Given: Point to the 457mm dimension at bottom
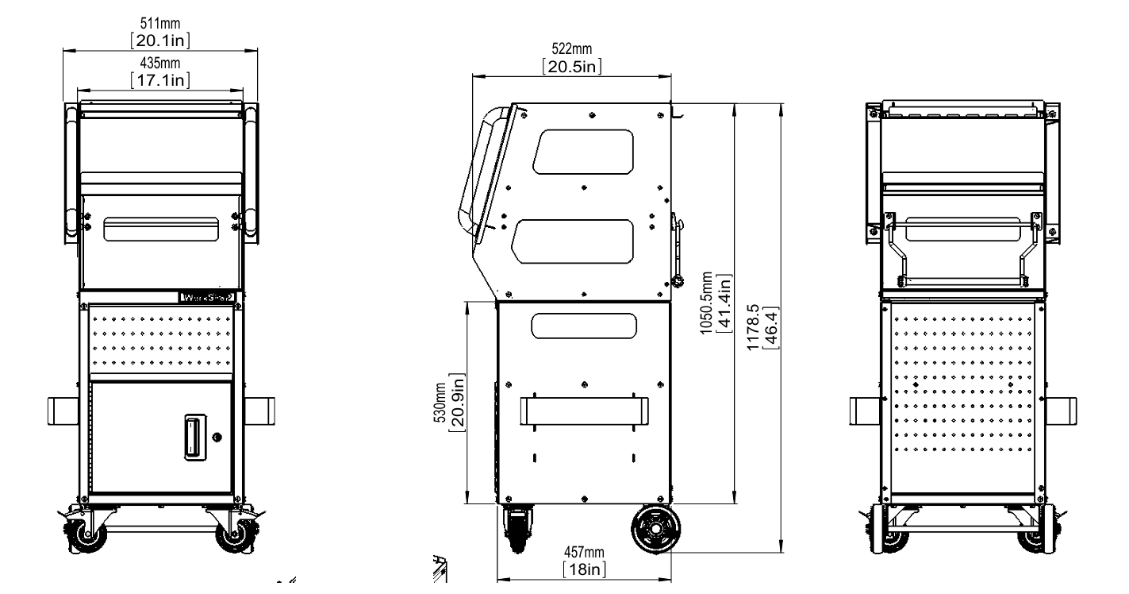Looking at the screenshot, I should pyautogui.click(x=584, y=553).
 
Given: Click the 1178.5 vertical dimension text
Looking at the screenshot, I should pyautogui.click(x=760, y=326).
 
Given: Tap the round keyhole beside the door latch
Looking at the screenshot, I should pyautogui.click(x=217, y=437).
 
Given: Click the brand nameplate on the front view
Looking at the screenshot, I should pyautogui.click(x=206, y=299).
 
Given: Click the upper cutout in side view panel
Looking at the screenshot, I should pyautogui.click(x=584, y=152).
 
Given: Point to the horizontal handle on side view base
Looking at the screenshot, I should pyautogui.click(x=584, y=411).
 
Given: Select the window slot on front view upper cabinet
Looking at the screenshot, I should pyautogui.click(x=161, y=229).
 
